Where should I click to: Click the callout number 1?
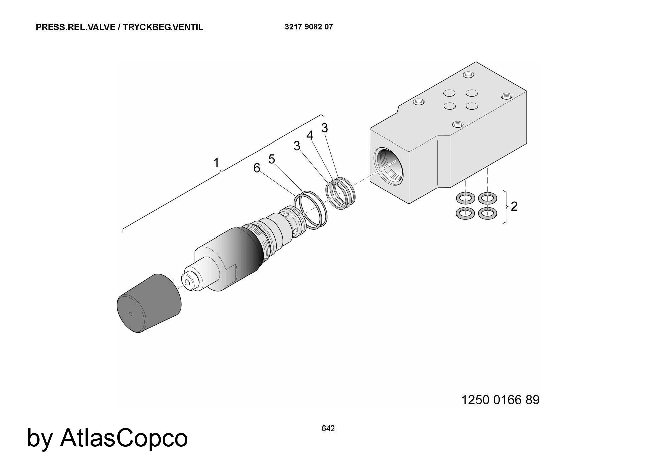coord(216,163)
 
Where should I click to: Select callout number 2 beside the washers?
coord(514,206)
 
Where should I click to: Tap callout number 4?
coord(310,135)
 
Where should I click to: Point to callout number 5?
coord(272,159)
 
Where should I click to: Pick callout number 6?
coord(257,168)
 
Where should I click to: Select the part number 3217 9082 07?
coord(309,27)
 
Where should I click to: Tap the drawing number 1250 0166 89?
coord(500,400)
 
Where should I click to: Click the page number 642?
coord(328,429)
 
